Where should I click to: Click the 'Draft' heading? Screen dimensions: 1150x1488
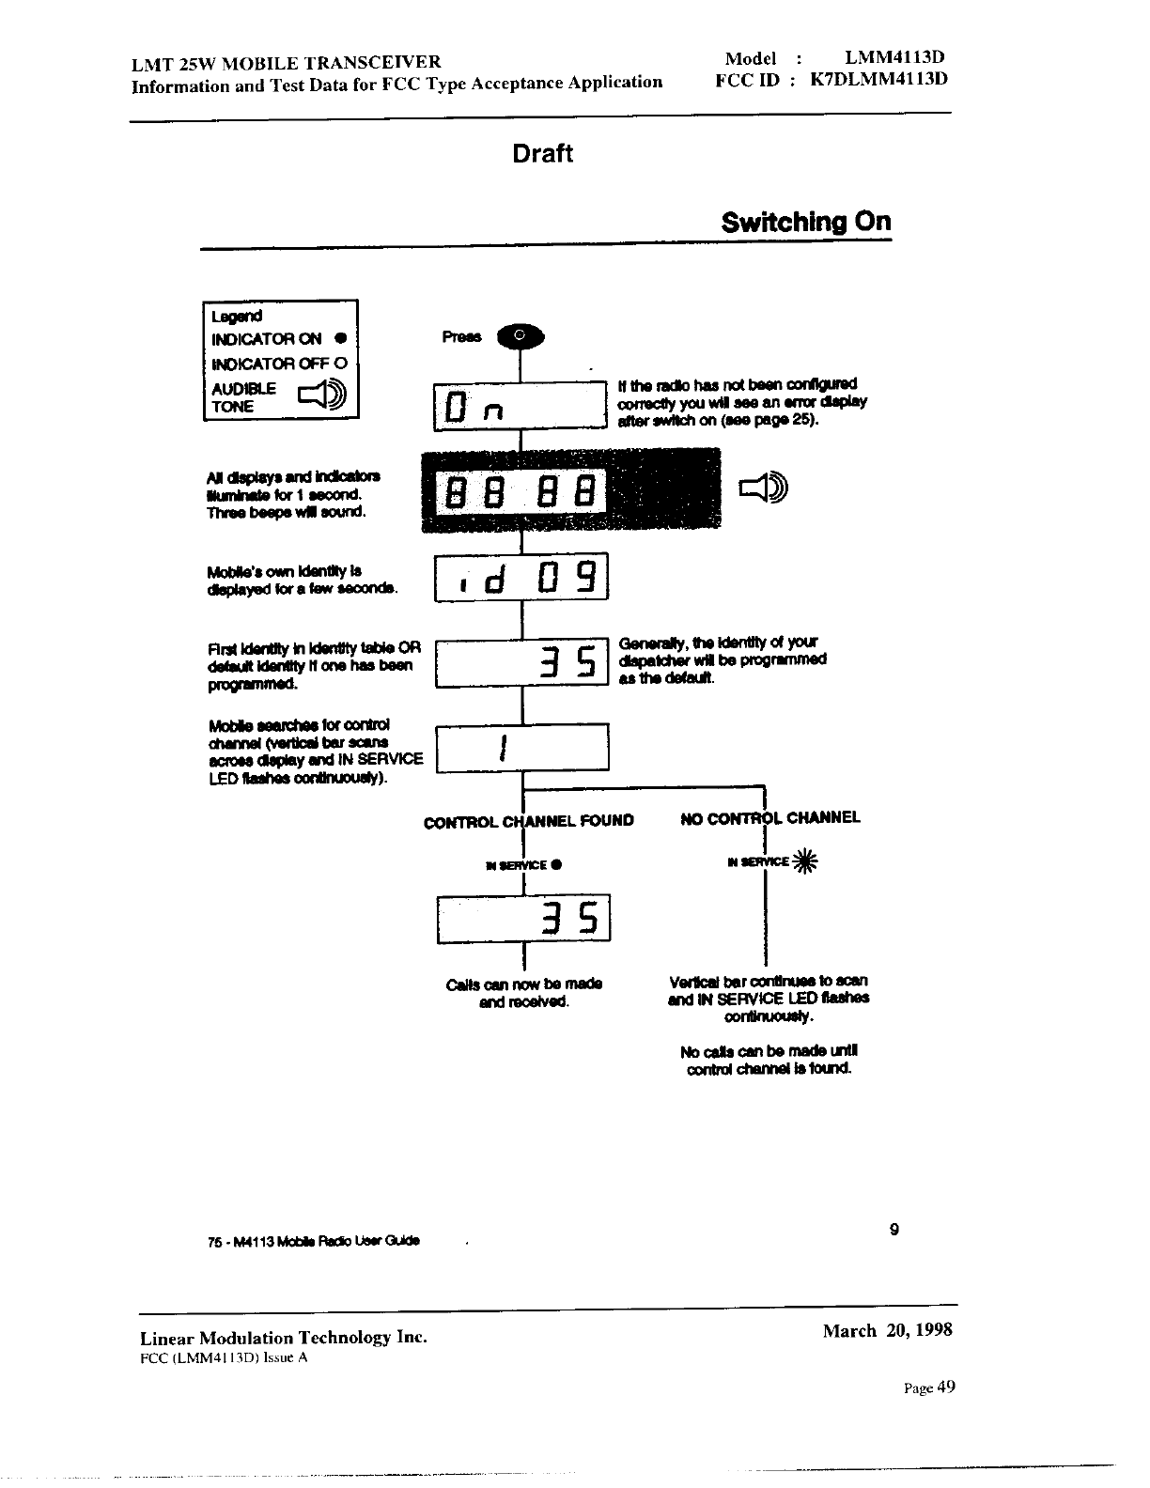(x=542, y=154)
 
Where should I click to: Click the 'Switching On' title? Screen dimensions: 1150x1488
(x=806, y=223)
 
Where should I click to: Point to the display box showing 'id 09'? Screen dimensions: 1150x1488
(x=521, y=577)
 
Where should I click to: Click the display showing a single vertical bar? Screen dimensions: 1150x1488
(x=523, y=748)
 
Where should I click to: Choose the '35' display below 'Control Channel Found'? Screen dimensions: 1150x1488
(x=524, y=918)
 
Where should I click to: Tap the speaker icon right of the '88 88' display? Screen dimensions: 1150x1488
(x=765, y=488)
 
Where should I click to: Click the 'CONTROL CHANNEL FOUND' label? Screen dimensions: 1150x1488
(x=529, y=821)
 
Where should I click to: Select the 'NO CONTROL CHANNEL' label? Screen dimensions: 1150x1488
(x=769, y=818)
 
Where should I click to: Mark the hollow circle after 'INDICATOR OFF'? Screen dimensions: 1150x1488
(x=340, y=364)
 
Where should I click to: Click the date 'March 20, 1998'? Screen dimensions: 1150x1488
(x=888, y=1330)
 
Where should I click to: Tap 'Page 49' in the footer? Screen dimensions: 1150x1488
(x=929, y=1387)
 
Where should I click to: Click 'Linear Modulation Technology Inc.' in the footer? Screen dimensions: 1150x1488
(x=283, y=1337)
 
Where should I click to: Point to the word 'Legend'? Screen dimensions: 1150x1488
(x=238, y=317)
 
